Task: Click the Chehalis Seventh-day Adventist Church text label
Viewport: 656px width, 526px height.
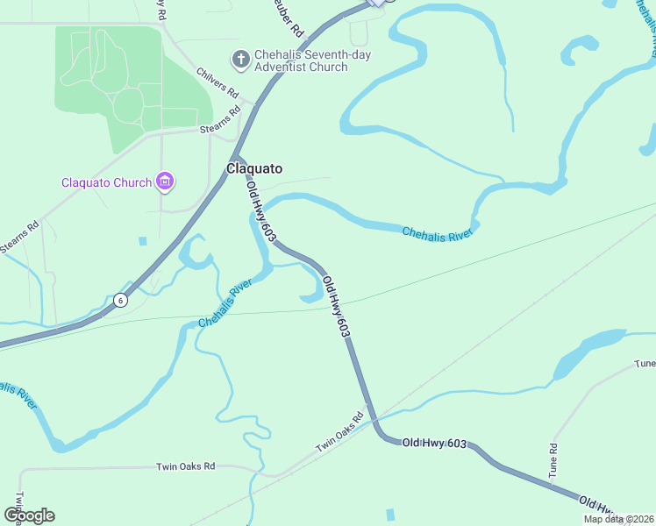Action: coord(301,60)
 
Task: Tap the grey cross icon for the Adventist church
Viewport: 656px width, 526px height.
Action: coord(239,60)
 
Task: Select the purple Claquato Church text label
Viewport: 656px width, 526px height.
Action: coord(106,182)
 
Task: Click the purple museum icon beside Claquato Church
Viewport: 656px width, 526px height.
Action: coord(164,181)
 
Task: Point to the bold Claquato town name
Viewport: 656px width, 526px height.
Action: coord(254,168)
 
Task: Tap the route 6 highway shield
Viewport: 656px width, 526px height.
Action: coord(121,300)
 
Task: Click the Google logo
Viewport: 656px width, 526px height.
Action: coord(30,515)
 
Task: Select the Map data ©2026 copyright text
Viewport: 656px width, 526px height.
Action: coord(617,519)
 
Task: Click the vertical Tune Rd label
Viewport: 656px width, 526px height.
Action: coord(553,459)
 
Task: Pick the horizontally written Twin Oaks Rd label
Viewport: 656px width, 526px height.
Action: coord(185,467)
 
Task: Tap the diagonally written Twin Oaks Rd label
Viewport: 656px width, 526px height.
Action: coord(339,433)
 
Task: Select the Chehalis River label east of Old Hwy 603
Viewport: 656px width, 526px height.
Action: coord(438,233)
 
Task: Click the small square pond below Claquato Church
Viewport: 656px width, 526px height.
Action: coord(142,240)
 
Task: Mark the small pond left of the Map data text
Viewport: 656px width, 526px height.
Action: coord(390,514)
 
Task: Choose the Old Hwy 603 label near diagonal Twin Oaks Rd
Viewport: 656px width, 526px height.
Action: coord(434,444)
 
